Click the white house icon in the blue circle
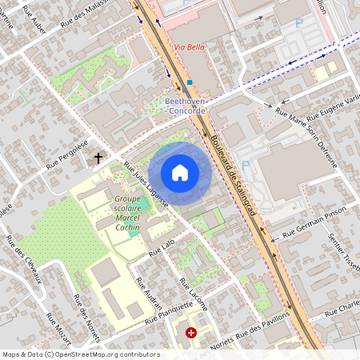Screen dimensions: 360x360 (180, 172)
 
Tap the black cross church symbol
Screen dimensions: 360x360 (99, 158)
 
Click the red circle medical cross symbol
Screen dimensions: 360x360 (190, 332)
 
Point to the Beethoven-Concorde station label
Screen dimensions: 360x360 (186, 106)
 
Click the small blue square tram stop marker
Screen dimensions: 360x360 (190, 82)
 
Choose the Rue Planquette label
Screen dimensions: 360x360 (170, 313)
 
